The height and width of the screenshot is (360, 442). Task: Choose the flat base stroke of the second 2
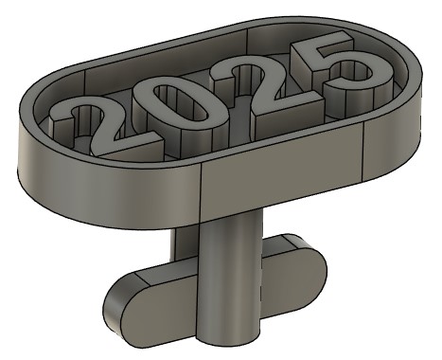(289, 106)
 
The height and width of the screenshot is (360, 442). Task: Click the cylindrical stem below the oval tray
(230, 278)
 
